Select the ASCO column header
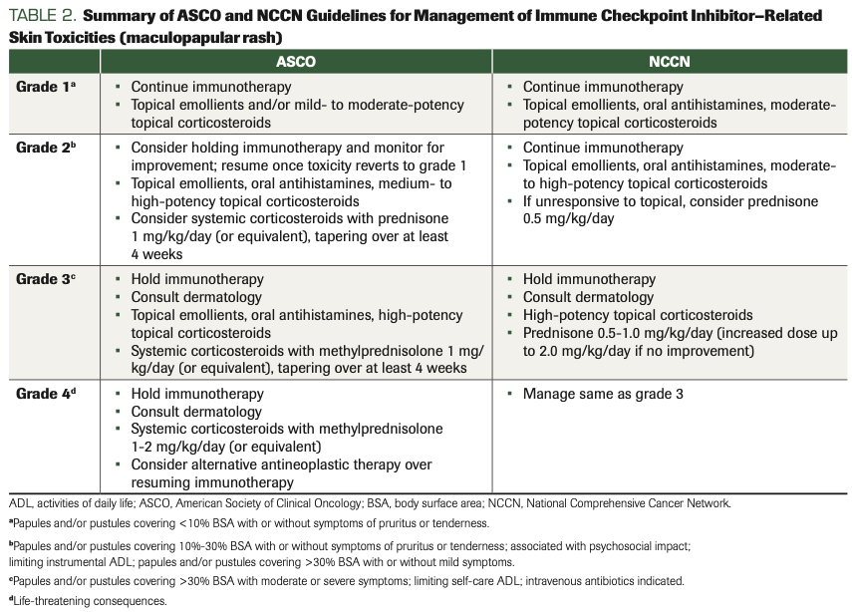point(296,61)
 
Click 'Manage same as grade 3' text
point(603,394)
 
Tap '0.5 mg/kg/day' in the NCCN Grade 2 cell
point(568,219)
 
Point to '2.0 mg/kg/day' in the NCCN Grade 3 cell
point(569,351)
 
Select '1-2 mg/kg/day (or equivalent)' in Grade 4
point(226,447)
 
